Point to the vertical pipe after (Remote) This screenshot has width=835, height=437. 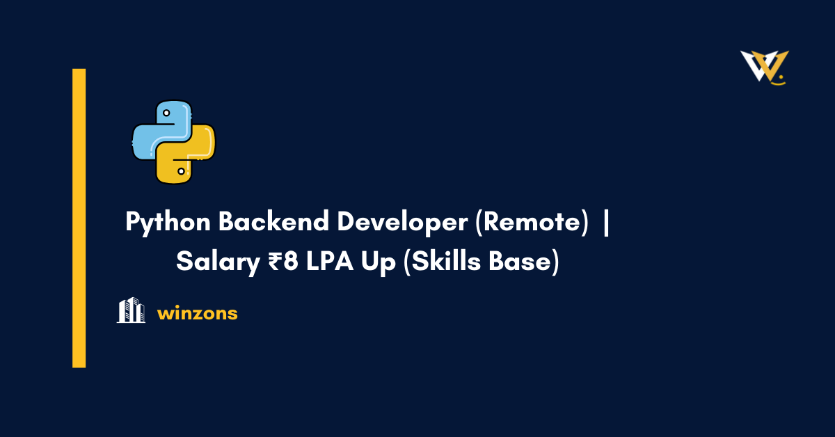[606, 223]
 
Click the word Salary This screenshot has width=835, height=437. [209, 262]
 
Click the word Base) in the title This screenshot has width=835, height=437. [523, 262]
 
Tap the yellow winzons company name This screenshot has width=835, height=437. [198, 314]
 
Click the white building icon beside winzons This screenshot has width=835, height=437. [131, 310]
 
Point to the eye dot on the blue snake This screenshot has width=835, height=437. [166, 111]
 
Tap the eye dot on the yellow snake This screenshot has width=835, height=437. [181, 171]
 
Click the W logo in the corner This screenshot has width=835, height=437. [764, 67]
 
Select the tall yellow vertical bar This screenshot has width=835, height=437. [79, 218]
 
